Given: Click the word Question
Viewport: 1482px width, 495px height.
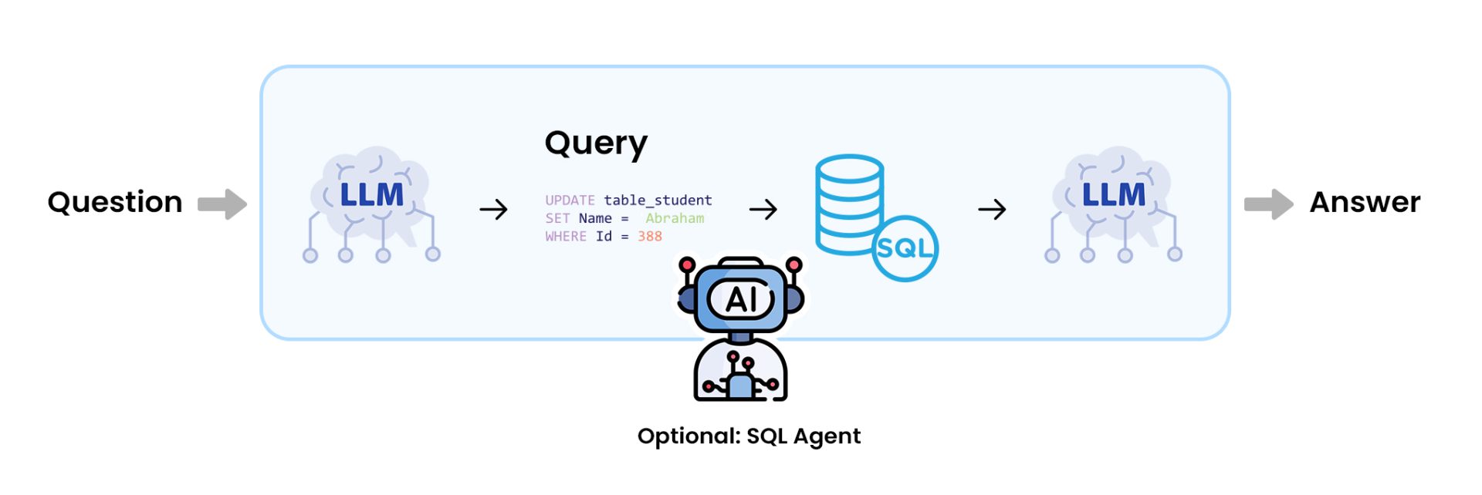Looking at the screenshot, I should click(x=114, y=203).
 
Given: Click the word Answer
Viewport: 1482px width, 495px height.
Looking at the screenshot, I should click(x=1364, y=203).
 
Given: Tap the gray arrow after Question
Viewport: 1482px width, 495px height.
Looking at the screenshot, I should click(x=222, y=204).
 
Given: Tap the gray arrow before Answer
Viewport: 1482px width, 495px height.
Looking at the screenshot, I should click(x=1268, y=204).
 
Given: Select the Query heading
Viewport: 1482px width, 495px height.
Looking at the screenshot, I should click(x=596, y=144).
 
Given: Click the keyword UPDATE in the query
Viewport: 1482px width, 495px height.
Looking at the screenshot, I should click(x=570, y=200).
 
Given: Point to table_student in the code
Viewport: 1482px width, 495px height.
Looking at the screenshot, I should click(x=658, y=200).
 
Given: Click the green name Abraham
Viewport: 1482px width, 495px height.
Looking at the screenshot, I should click(x=675, y=218).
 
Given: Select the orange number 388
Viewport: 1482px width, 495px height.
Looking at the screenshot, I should click(x=649, y=237).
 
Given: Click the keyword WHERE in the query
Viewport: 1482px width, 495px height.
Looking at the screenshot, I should click(x=566, y=237).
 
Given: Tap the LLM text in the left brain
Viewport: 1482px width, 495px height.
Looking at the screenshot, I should click(x=371, y=195).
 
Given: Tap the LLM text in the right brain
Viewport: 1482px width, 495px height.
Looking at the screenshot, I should click(x=1113, y=195).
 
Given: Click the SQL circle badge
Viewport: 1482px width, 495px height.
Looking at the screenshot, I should click(x=905, y=248).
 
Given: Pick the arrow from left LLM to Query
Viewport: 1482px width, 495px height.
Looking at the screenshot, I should click(x=493, y=209).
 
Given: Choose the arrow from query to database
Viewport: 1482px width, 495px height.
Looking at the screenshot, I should click(x=763, y=209).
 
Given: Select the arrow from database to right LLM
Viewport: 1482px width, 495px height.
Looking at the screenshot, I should click(x=992, y=209).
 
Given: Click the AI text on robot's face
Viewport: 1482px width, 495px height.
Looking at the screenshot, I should click(x=741, y=299).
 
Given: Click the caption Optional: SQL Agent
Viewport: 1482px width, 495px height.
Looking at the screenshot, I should click(x=749, y=436).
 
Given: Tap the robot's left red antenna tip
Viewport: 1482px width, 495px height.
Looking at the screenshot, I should click(x=687, y=265).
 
